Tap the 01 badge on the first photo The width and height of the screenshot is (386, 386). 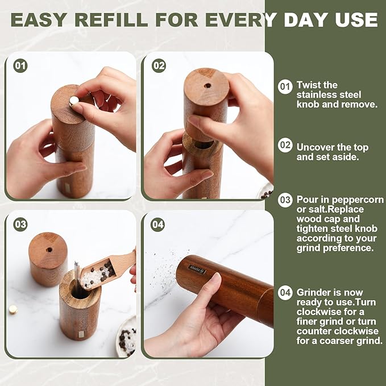point(20,66)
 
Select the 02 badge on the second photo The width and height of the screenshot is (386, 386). point(159,66)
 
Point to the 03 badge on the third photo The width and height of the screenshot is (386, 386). point(20,225)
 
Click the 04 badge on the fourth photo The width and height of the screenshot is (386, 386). point(159,225)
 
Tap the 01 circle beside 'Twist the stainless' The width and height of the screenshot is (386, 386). point(285,86)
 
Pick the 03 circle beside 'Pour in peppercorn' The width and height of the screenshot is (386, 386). point(285,200)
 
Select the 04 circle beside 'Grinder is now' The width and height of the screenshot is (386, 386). point(285,293)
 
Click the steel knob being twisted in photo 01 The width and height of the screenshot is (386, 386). point(73,101)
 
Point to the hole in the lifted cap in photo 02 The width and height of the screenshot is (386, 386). point(207,86)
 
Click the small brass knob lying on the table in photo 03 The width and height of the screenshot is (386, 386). point(13,309)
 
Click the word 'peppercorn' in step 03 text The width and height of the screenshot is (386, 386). point(355,200)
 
